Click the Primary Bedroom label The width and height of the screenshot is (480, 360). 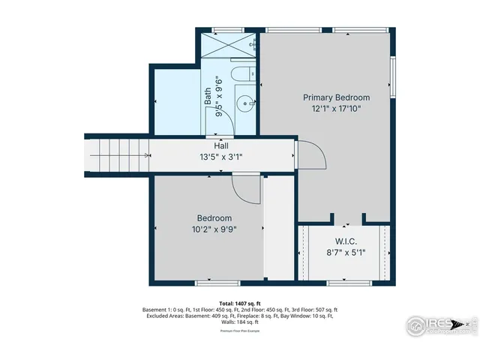(x=336, y=97)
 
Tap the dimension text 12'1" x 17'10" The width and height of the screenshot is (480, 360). (x=336, y=109)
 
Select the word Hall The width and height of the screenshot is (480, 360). (x=221, y=145)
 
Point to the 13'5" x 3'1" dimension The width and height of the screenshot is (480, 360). (x=221, y=157)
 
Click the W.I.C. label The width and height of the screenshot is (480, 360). (x=345, y=241)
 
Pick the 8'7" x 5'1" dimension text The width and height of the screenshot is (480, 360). (x=345, y=253)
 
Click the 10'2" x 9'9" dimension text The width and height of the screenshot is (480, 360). (x=208, y=230)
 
